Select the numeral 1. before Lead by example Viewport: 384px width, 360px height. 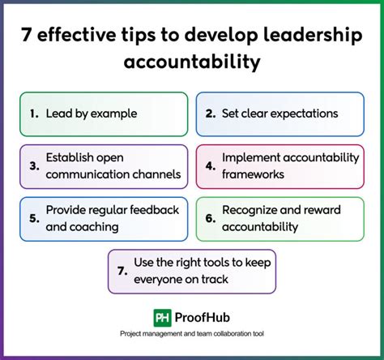[33, 114]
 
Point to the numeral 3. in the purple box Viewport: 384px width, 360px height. [33, 167]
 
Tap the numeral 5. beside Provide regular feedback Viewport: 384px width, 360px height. [33, 219]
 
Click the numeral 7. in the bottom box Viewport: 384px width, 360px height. [122, 272]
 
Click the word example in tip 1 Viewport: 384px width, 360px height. [113, 114]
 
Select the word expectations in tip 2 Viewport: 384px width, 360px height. [303, 114]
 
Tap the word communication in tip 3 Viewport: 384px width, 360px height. [83, 174]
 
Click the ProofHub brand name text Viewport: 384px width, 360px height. [206, 319]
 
